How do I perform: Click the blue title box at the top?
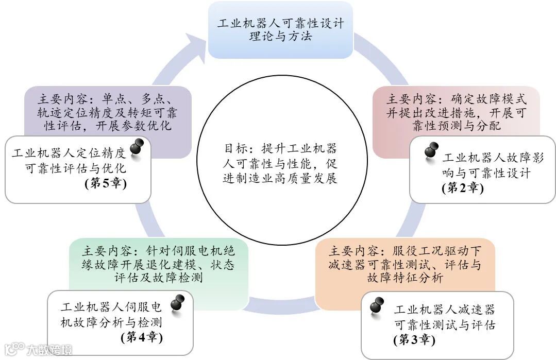[x=280, y=30]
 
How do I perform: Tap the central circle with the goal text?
[x=280, y=165]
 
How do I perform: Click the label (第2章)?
[x=462, y=188]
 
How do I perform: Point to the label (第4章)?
[x=142, y=338]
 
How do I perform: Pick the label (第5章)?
[x=105, y=183]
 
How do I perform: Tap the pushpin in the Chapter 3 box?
[x=377, y=305]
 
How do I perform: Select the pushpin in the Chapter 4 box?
[x=178, y=303]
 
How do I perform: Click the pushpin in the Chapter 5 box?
[x=136, y=147]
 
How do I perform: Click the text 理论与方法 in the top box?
[x=280, y=37]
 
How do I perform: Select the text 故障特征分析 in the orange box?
[x=405, y=279]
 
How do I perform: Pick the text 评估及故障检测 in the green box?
[x=158, y=279]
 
